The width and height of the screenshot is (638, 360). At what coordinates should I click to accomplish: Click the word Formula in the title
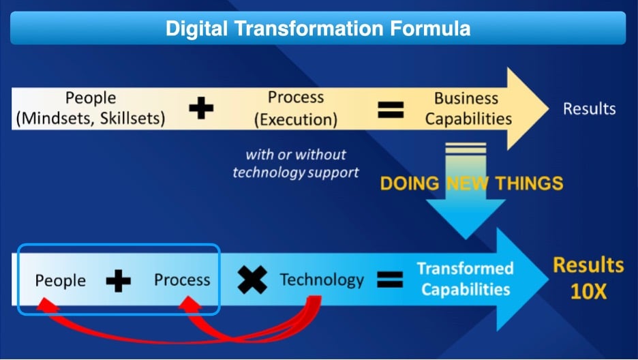click(430, 29)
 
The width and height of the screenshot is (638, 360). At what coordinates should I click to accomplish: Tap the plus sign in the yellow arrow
click(201, 108)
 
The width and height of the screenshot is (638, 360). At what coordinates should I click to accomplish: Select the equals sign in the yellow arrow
click(391, 110)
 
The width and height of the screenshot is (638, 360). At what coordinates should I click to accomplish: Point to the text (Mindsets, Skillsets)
click(91, 119)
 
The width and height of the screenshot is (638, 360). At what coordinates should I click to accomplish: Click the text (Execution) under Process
click(296, 119)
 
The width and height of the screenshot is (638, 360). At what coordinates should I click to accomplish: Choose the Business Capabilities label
click(468, 108)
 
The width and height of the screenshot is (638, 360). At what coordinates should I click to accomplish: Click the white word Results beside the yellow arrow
click(589, 108)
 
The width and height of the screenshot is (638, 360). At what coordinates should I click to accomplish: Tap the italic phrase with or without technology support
click(296, 164)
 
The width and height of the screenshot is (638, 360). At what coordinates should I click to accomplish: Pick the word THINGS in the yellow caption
click(529, 183)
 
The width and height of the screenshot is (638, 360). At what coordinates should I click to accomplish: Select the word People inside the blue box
click(60, 280)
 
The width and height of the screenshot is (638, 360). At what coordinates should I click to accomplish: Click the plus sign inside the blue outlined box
click(119, 281)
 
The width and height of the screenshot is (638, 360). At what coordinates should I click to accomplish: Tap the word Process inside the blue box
click(182, 280)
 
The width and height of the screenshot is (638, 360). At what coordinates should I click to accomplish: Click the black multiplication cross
click(252, 280)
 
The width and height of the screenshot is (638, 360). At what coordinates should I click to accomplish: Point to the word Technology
click(322, 280)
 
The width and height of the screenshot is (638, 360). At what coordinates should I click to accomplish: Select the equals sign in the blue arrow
click(390, 280)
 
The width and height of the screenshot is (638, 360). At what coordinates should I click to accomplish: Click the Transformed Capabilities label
click(466, 279)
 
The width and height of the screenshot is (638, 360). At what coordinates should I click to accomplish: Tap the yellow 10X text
click(588, 291)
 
